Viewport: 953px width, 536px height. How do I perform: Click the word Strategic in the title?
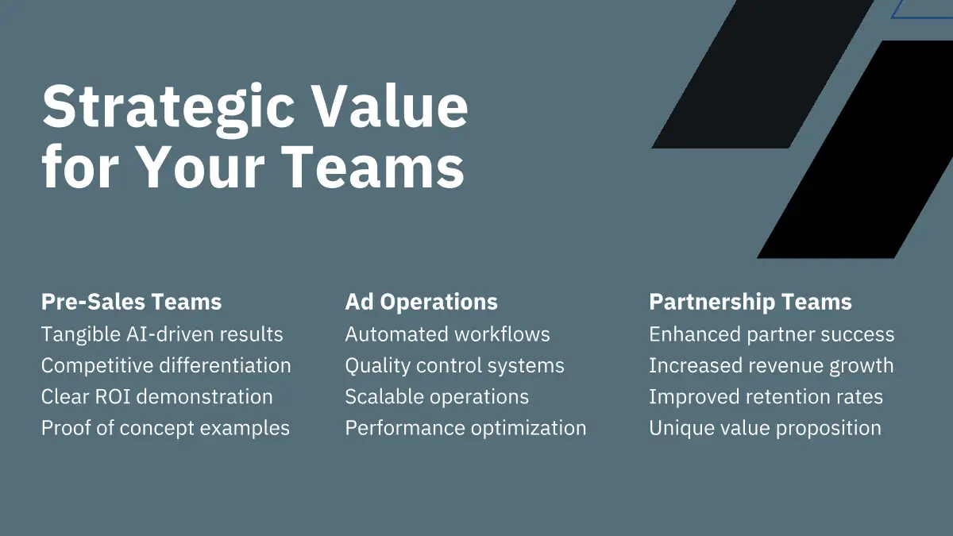coord(168,110)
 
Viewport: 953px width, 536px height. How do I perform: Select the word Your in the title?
coord(201,166)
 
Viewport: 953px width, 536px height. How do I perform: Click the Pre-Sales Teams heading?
coord(132,302)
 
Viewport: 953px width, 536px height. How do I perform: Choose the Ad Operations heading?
coord(421,303)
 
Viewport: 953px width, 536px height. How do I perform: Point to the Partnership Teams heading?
coord(750,303)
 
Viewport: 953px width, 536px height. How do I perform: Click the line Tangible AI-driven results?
coord(162,334)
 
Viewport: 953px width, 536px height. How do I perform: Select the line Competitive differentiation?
coord(166,365)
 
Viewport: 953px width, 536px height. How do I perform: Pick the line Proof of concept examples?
coord(165,428)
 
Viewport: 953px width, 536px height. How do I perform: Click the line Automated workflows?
coord(448,334)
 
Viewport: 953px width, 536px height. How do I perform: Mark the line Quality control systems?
coord(455,366)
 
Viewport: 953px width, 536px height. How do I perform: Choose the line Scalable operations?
coord(437,397)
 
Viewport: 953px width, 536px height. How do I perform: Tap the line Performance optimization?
coord(466,428)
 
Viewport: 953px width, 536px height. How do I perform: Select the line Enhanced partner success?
coord(772,334)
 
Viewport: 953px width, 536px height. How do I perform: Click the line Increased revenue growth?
coord(771,366)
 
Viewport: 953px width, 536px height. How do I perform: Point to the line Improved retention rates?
coord(766,397)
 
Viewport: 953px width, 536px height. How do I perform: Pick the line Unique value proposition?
coord(766,428)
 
